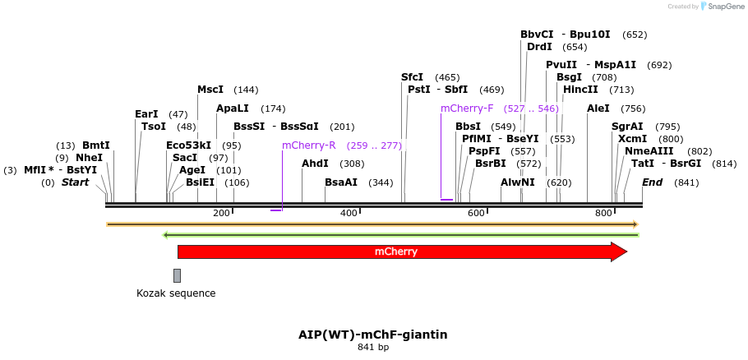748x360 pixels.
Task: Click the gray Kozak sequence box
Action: click(x=177, y=275)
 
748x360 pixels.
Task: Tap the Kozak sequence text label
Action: click(x=176, y=293)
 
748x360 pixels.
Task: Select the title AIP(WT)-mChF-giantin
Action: click(x=373, y=335)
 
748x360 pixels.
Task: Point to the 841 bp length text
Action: click(x=373, y=348)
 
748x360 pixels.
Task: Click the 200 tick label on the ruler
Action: click(x=221, y=213)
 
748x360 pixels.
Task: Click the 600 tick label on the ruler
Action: click(x=477, y=213)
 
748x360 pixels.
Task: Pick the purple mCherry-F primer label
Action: click(x=467, y=108)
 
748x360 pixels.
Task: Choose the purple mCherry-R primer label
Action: click(x=308, y=145)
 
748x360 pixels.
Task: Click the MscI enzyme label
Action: click(x=210, y=90)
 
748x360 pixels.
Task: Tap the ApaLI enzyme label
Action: click(x=232, y=108)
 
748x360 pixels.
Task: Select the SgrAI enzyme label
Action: click(x=627, y=127)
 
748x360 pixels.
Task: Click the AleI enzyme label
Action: click(x=598, y=108)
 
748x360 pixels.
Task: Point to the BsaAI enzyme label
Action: click(x=341, y=182)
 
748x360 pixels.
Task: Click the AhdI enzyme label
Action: click(x=315, y=164)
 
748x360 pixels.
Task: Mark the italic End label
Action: click(x=652, y=182)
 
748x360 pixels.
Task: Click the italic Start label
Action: click(x=75, y=182)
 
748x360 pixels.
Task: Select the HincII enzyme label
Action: click(x=580, y=90)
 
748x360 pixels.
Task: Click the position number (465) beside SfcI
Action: click(x=447, y=77)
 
